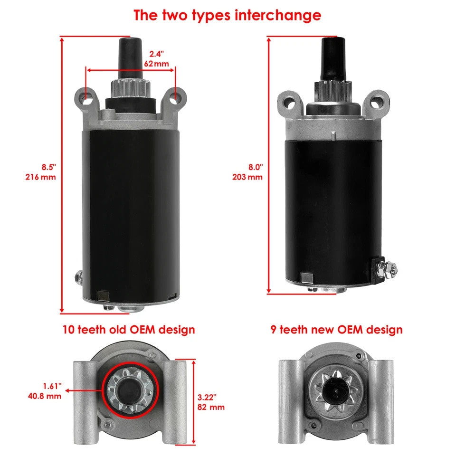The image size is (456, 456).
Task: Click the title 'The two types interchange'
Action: pos(227,15)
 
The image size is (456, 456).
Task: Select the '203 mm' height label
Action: pos(247,177)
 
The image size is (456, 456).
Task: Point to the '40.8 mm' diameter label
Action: pos(45,395)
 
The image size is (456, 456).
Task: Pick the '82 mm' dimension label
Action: pos(211,407)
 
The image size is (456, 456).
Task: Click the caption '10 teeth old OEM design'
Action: pos(128,329)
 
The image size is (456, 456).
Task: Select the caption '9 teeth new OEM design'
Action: pos(336,329)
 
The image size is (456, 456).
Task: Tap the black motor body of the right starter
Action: pos(328,204)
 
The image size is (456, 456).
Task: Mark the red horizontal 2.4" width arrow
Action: pos(131,70)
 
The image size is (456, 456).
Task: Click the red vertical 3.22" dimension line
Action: pos(194,401)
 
